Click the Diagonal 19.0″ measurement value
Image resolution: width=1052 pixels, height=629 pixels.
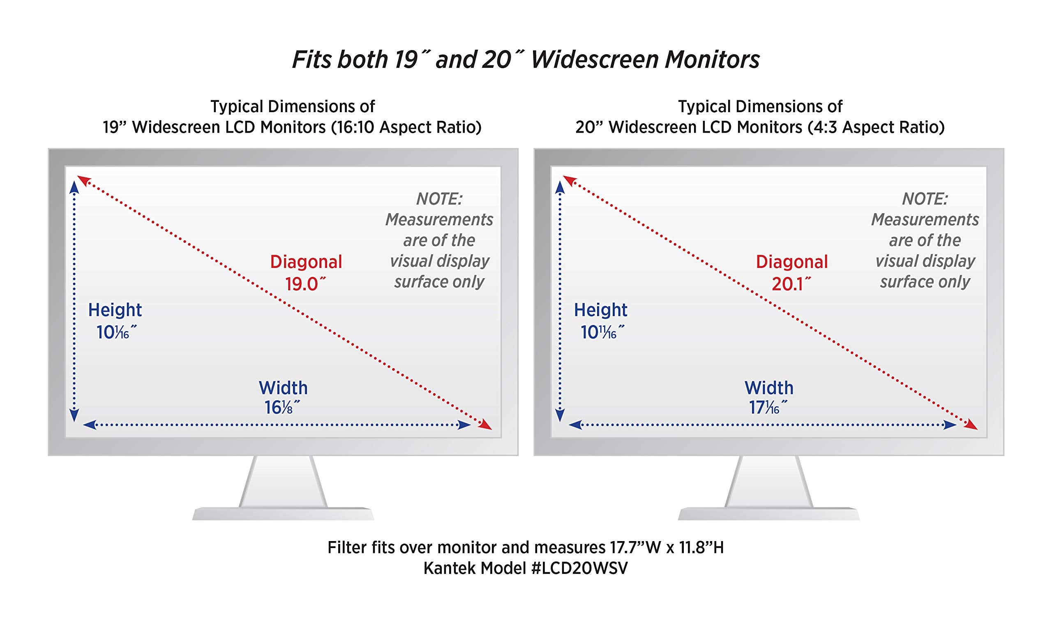[305, 284]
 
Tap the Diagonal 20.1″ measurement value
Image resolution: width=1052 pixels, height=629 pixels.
[791, 284]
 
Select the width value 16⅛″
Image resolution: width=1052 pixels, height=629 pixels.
[282, 408]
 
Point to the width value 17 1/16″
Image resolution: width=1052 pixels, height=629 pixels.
[768, 408]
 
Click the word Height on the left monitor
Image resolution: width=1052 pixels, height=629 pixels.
[115, 310]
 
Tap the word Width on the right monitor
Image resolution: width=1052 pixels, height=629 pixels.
[769, 388]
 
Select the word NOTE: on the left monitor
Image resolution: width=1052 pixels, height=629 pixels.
[439, 199]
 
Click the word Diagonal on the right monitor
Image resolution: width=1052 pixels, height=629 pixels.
[792, 262]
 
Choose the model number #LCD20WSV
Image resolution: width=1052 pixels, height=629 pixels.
[579, 568]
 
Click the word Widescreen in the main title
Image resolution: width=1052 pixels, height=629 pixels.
[594, 59]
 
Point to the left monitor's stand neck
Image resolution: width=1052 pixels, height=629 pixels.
[283, 482]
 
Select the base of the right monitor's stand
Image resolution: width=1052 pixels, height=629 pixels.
[769, 514]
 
